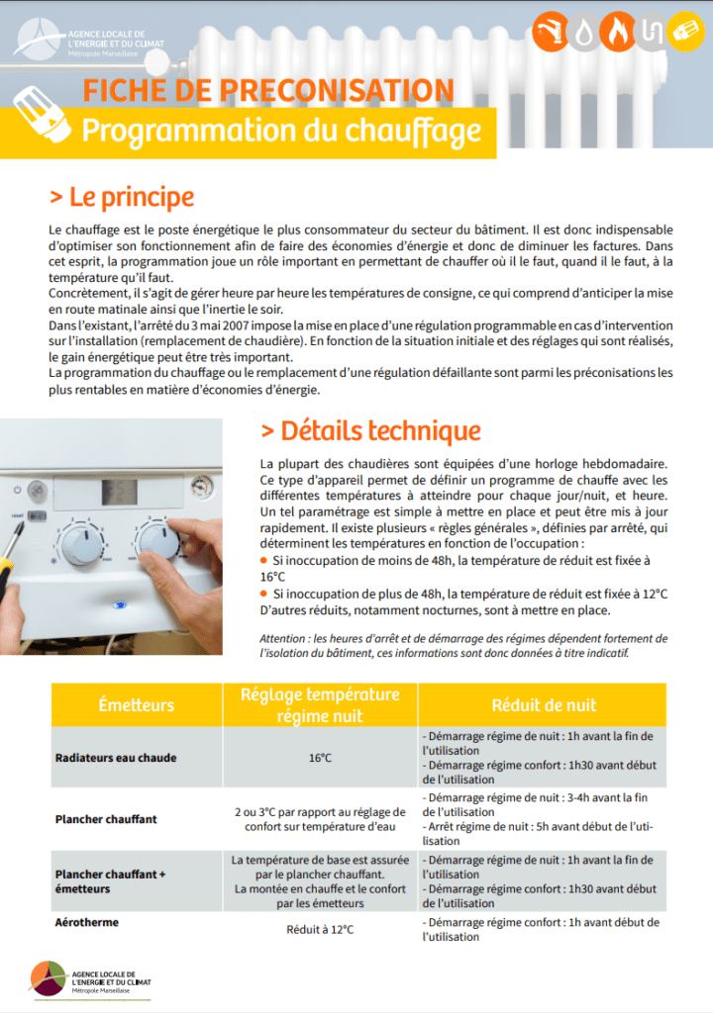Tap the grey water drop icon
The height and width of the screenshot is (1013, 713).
[587, 31]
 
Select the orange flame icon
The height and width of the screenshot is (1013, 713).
[620, 31]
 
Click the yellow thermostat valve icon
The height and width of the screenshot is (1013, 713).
[684, 31]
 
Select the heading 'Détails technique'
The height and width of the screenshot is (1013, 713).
[370, 431]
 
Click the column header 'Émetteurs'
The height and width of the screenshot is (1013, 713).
[137, 705]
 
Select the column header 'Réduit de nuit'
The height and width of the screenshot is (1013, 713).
[544, 705]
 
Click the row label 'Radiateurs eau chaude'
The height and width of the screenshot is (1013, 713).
[116, 758]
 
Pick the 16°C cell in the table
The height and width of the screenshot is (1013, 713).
[320, 758]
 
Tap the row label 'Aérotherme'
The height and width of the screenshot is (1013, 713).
[87, 922]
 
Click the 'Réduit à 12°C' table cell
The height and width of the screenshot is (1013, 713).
[320, 930]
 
